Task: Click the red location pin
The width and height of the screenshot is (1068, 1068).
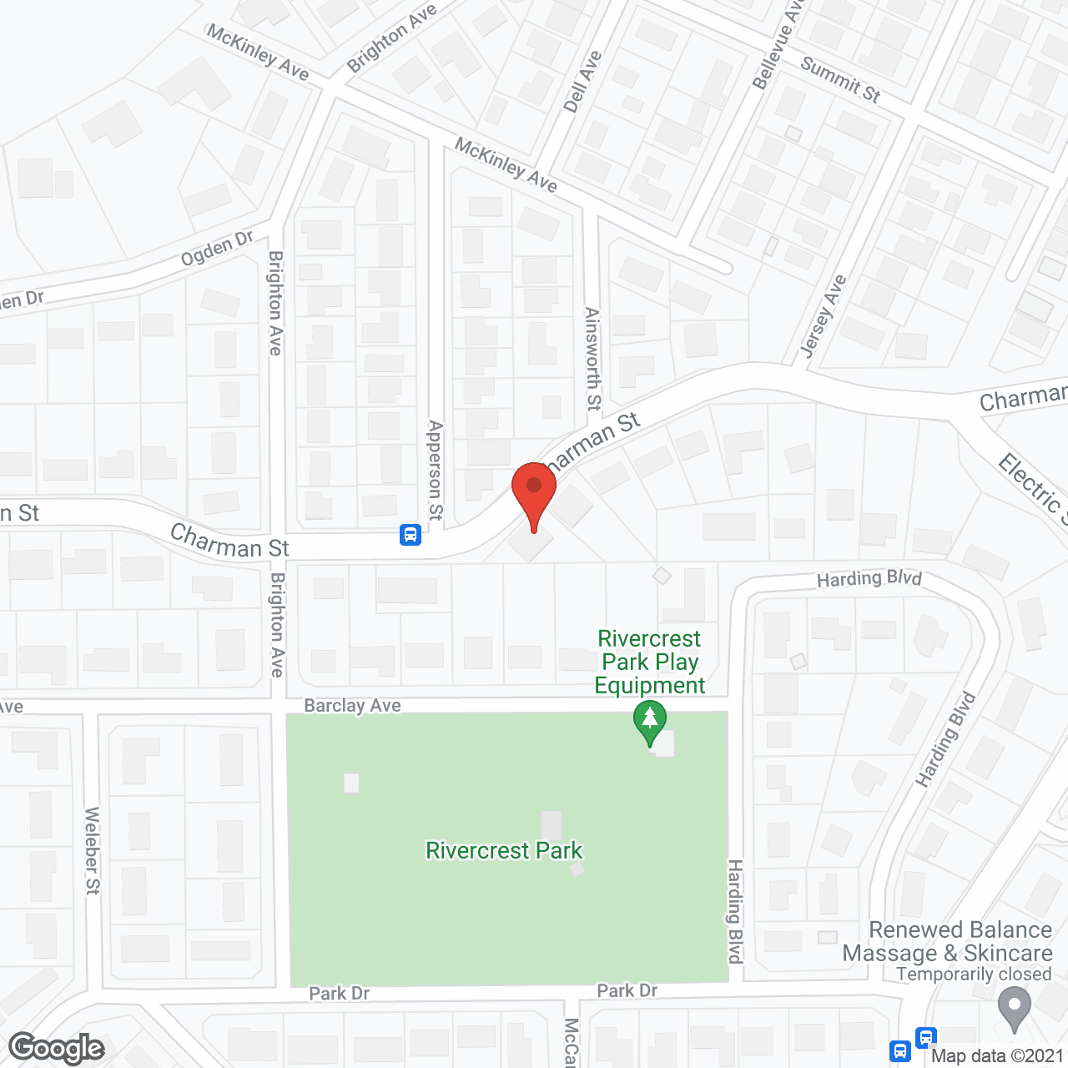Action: [534, 492]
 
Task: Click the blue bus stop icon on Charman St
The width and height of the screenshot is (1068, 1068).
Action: [411, 535]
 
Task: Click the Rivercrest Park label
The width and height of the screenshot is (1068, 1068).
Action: [504, 850]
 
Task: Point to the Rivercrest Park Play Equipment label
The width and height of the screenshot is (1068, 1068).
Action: [649, 662]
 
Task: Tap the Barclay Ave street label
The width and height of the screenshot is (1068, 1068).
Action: [352, 706]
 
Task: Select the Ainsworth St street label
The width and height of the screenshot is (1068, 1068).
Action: [592, 359]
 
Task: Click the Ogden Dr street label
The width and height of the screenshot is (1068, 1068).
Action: [217, 249]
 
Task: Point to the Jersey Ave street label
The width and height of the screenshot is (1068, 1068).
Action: [823, 316]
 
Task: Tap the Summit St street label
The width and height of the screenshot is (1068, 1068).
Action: [840, 79]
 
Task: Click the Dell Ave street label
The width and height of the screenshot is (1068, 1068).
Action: [582, 82]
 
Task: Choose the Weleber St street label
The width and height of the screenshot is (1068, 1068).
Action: [92, 850]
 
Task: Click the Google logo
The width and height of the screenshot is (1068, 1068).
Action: [57, 1048]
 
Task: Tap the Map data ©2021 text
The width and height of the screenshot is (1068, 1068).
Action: [997, 1055]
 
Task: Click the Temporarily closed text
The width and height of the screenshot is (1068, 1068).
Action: [974, 975]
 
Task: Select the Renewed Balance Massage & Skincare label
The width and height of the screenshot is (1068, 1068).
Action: [948, 941]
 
